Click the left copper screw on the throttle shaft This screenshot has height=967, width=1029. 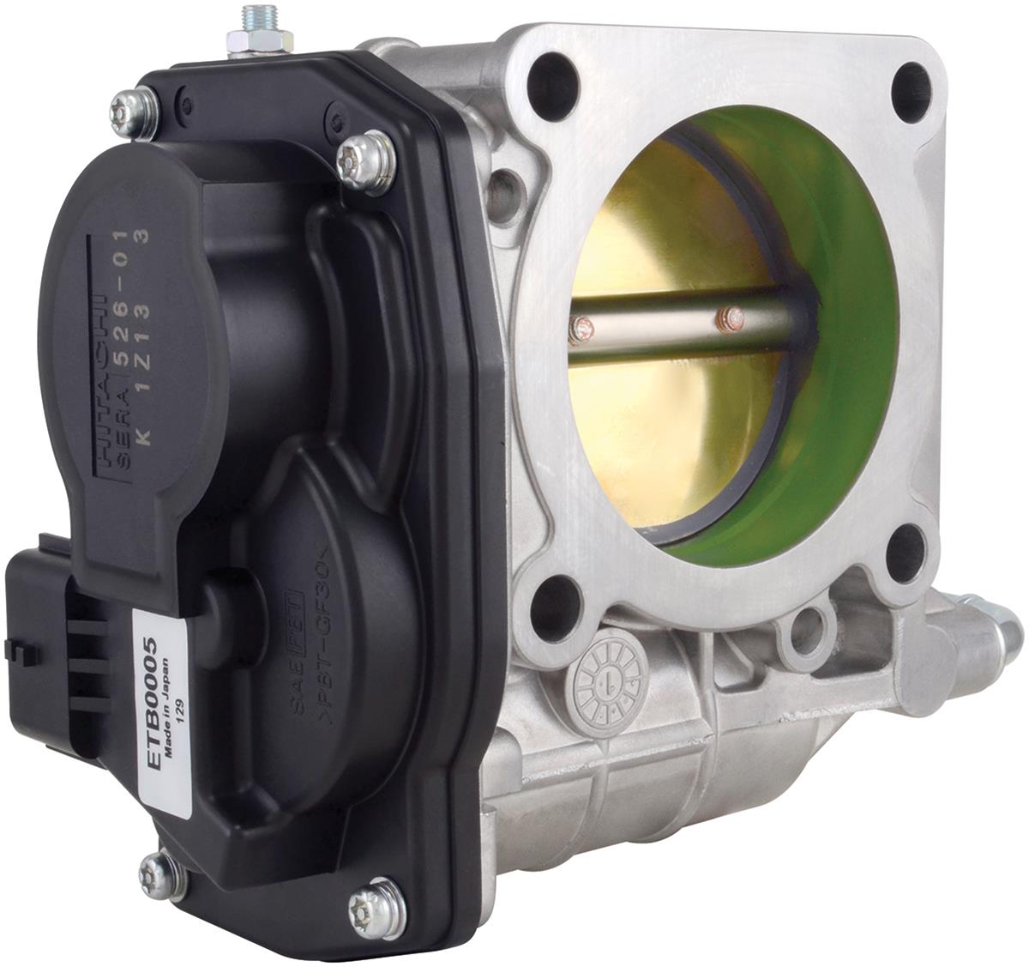(581, 327)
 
